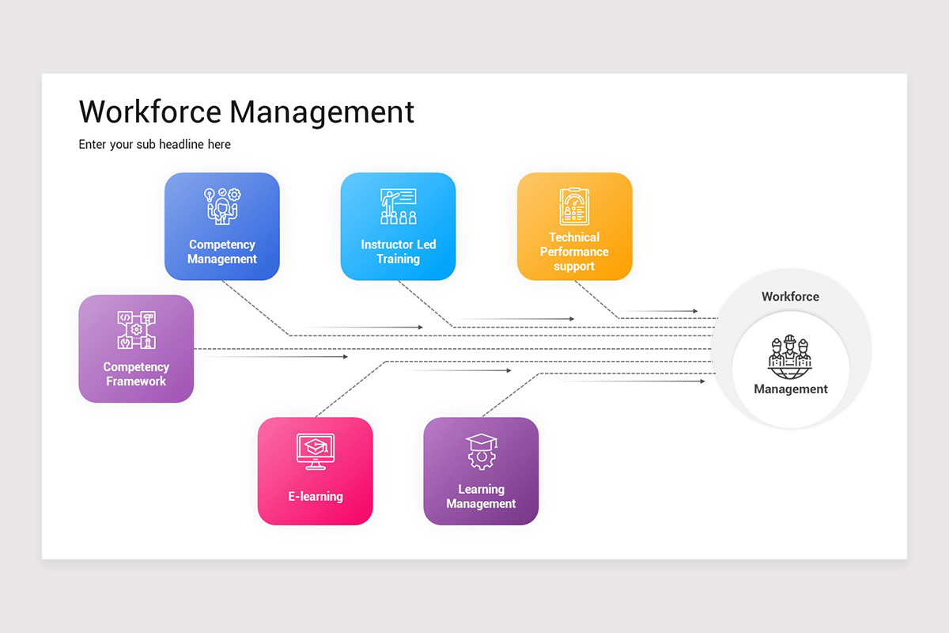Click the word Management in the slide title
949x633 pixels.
click(x=322, y=112)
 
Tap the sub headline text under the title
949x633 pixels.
click(x=155, y=144)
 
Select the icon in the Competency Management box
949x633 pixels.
click(x=222, y=207)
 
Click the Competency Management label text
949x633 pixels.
click(x=222, y=252)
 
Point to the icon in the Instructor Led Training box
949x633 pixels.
click(x=398, y=207)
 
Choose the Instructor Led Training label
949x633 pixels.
click(x=398, y=252)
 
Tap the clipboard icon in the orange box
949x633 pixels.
click(x=574, y=207)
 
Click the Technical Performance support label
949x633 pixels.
click(x=574, y=252)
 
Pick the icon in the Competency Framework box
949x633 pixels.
click(x=136, y=329)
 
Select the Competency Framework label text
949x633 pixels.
click(x=135, y=374)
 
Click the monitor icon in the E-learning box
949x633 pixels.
click(x=315, y=450)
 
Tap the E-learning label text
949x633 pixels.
click(x=315, y=497)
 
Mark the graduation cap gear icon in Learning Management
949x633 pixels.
click(x=481, y=451)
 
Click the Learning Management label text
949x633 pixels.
click(x=481, y=497)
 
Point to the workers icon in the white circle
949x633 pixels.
click(x=790, y=355)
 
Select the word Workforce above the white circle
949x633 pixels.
click(x=790, y=297)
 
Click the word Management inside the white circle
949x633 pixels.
click(x=790, y=389)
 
